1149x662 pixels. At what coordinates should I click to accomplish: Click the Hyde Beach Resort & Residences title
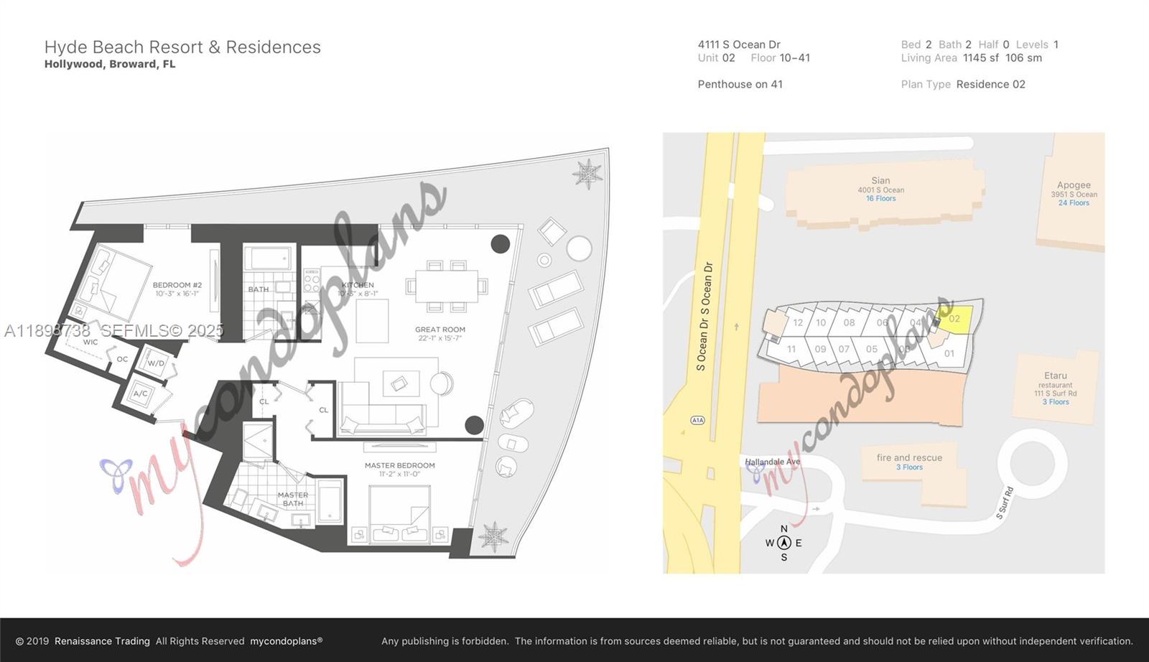tap(182, 47)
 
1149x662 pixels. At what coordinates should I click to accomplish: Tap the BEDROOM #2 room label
tap(177, 285)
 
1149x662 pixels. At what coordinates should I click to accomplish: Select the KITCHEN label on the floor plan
tap(357, 285)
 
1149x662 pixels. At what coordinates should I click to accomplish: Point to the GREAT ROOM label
tap(439, 330)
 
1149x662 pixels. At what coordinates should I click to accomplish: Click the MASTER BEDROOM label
tap(399, 465)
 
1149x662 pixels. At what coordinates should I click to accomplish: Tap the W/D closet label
tap(156, 363)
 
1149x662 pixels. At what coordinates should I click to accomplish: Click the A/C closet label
tap(140, 393)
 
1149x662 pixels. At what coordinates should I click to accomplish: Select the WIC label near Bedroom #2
tap(90, 342)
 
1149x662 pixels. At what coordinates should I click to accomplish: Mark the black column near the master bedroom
tap(474, 425)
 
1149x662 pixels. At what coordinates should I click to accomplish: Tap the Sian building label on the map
tap(880, 181)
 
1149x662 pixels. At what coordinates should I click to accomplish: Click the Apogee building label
tap(1074, 185)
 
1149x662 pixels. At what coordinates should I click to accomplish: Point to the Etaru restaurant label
tap(1056, 376)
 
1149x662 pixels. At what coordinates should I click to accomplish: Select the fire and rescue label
tap(909, 457)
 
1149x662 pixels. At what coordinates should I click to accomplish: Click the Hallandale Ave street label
tap(773, 462)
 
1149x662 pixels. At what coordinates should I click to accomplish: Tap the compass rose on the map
tap(783, 543)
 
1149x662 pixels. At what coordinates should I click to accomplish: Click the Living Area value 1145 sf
tap(980, 58)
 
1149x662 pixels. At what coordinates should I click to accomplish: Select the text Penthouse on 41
tap(740, 84)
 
